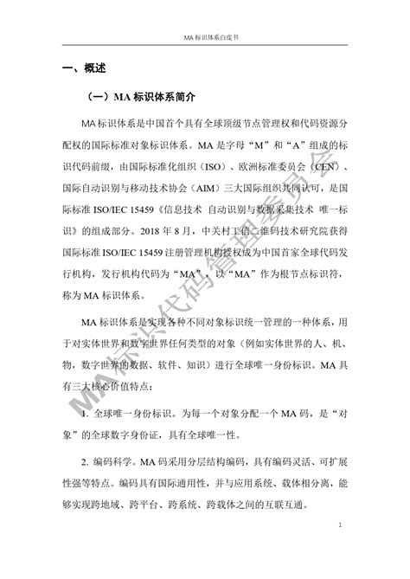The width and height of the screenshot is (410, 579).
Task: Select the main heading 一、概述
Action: tap(82, 68)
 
